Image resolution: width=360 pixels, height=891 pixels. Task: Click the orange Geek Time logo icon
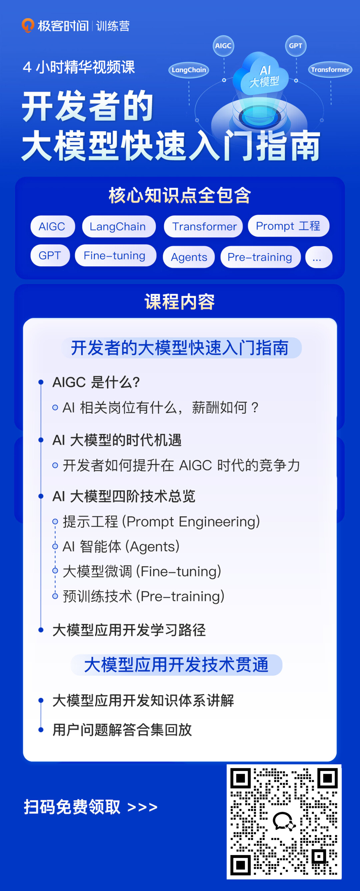coord(28,25)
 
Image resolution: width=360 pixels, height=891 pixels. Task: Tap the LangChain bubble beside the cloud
coord(189,70)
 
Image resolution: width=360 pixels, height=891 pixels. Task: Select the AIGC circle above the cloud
coord(223,46)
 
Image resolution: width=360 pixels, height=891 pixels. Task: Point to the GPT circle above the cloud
coord(296,46)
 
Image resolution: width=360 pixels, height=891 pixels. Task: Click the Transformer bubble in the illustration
coord(330,70)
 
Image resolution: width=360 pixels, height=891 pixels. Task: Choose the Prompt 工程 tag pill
coord(288,226)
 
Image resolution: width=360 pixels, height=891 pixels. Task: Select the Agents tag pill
coord(189,257)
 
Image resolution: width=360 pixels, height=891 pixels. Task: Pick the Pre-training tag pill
coord(260,257)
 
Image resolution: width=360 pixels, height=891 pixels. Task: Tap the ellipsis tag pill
coord(319,257)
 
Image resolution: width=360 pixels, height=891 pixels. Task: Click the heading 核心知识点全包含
coord(180,195)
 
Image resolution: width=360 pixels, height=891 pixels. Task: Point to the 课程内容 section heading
coord(180,302)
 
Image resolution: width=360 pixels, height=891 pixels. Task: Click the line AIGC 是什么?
coord(96,382)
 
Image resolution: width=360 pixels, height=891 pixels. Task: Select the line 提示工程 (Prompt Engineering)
coord(161,522)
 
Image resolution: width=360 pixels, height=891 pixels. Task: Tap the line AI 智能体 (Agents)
coord(121,546)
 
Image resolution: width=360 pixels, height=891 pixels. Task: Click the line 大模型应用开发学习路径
coord(129,630)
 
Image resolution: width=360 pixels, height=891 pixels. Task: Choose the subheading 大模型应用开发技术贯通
coord(176,665)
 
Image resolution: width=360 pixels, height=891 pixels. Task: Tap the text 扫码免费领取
coord(72,807)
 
